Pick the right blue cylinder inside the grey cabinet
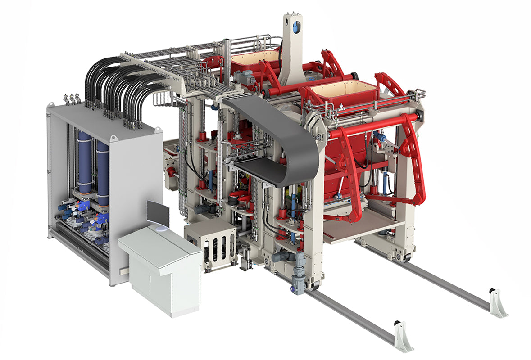(x=103, y=171)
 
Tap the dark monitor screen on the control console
(x=158, y=213)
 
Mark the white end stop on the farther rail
(x=498, y=302)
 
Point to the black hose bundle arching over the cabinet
(x=117, y=85)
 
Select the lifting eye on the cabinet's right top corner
(x=158, y=130)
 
